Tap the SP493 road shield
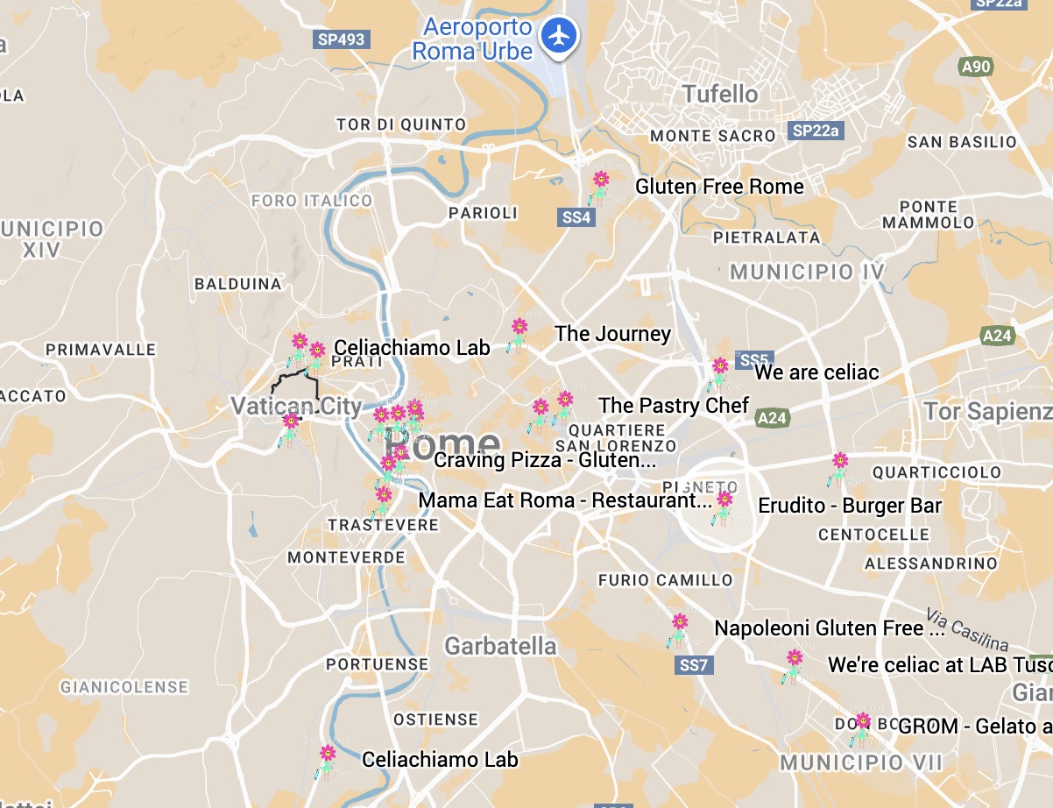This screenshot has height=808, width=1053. [341, 39]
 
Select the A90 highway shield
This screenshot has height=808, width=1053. [975, 67]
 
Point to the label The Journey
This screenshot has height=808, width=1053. [612, 334]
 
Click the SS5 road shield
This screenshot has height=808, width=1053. [753, 360]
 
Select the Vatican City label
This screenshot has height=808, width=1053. [296, 407]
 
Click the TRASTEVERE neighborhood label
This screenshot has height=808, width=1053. [383, 525]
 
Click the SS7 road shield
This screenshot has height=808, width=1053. [693, 665]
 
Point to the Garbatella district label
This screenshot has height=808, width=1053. [500, 647]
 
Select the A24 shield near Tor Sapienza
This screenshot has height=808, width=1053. [997, 336]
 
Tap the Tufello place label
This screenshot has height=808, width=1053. [720, 94]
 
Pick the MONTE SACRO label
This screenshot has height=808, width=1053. [712, 136]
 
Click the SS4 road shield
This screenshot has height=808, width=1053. [576, 217]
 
